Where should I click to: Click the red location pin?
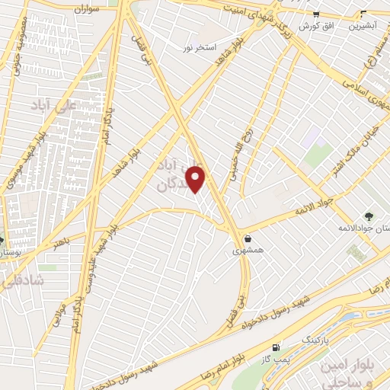197,179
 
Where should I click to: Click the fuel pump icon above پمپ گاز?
275,347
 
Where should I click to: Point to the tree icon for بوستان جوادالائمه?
369,216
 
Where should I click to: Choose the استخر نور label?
197,47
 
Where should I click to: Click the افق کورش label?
312,26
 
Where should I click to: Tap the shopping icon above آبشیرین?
363,14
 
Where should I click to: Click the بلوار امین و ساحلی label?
356,371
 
